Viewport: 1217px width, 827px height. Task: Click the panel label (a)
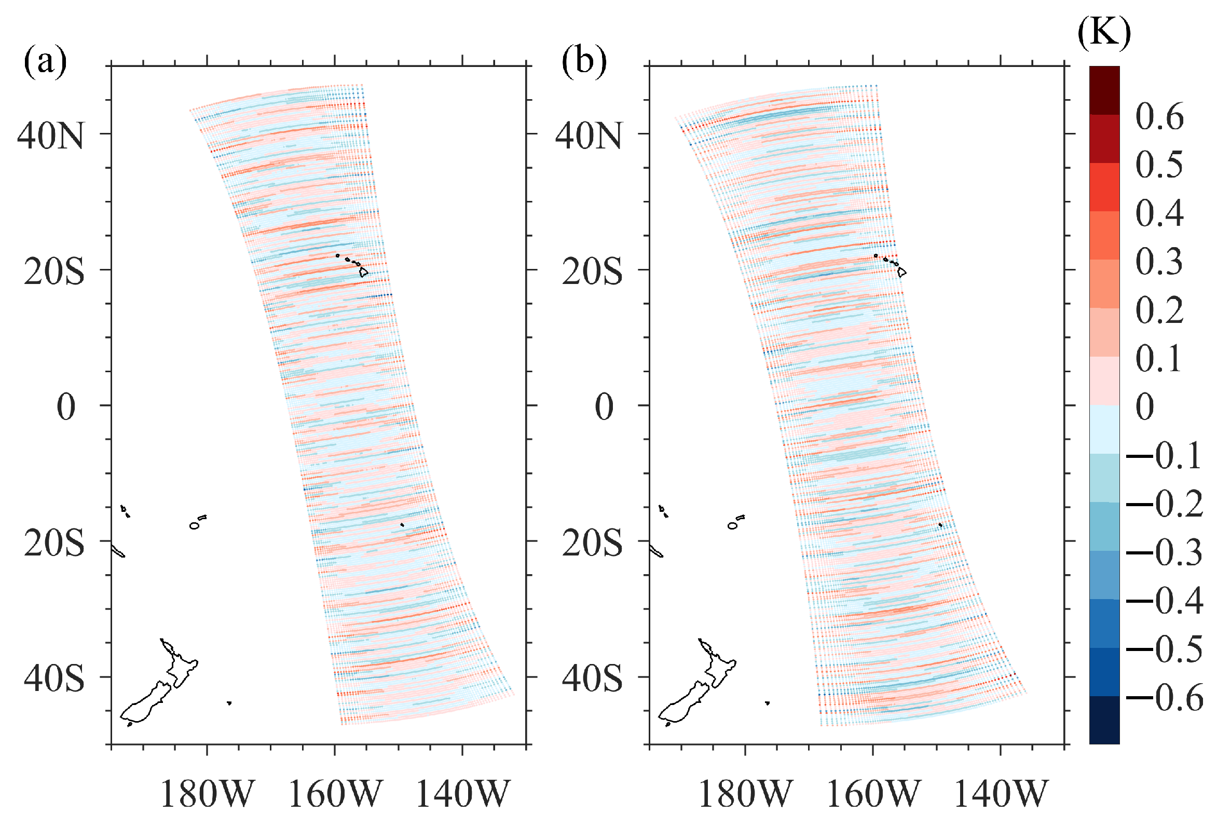click(x=45, y=61)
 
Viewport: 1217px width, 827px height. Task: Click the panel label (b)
click(x=583, y=61)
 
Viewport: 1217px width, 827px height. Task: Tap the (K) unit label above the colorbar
click(x=1104, y=33)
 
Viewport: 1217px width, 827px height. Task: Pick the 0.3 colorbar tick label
click(x=1159, y=261)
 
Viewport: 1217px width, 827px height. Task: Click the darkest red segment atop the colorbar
click(x=1104, y=90)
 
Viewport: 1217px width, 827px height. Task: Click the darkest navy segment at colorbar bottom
click(x=1104, y=720)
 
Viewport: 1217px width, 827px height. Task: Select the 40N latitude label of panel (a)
click(x=50, y=135)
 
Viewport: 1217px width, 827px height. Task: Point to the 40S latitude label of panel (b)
click(x=592, y=679)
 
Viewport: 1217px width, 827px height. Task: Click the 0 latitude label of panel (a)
click(x=66, y=407)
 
